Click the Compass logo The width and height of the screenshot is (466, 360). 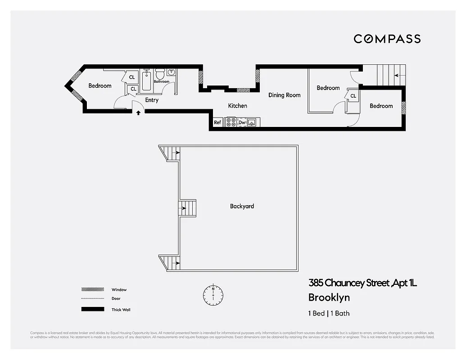pos(387,39)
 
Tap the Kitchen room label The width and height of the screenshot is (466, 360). pos(237,106)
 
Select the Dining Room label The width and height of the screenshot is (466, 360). pos(284,95)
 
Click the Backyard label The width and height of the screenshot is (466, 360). pos(242,206)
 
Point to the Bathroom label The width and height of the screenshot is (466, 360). pos(162,82)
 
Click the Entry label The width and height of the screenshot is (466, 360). pos(152,100)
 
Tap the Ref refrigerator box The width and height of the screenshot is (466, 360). pos(217,122)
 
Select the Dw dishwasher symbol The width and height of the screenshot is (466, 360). pos(242,122)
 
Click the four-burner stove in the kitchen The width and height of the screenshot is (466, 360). pos(231,122)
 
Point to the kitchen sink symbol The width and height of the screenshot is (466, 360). pos(253,122)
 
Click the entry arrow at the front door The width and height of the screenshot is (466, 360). pos(138,112)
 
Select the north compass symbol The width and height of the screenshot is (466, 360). pos(213,294)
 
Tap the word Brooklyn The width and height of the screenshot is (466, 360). pos(329,297)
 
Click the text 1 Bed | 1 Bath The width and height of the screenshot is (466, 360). pos(329,313)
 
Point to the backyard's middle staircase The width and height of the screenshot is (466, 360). pos(188,208)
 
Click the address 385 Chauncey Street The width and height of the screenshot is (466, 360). pos(349,283)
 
